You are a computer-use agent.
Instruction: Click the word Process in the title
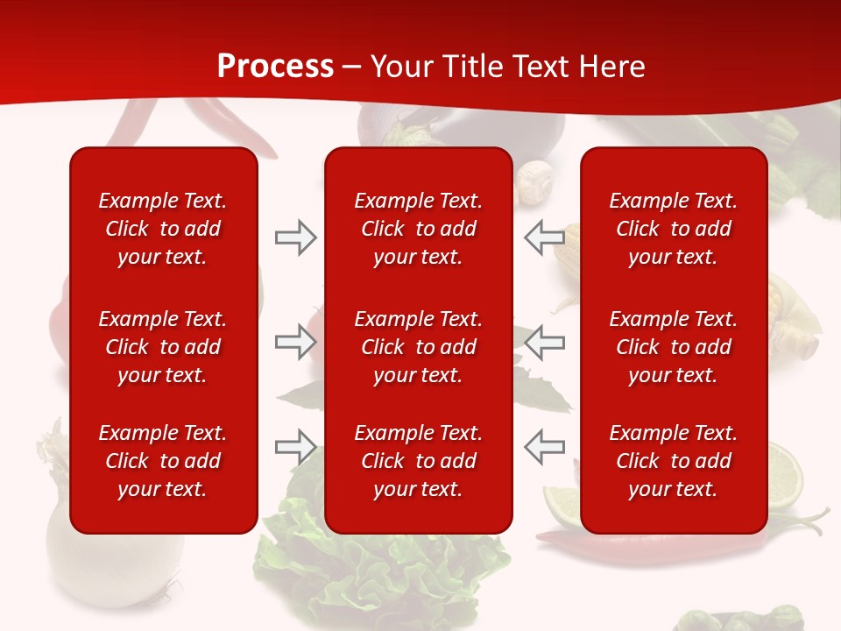(x=275, y=67)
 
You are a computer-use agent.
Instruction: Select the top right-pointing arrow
(x=295, y=238)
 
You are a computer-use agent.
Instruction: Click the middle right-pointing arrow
(x=295, y=343)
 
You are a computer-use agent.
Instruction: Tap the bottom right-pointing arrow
(x=295, y=447)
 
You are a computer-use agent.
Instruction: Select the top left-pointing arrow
(x=545, y=238)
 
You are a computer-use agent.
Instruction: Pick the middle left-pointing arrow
(x=545, y=343)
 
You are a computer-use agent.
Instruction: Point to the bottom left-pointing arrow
(x=545, y=447)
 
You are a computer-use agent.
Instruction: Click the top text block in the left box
(x=163, y=229)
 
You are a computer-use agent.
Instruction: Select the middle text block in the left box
(x=163, y=347)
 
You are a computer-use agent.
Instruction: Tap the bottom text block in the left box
(x=163, y=461)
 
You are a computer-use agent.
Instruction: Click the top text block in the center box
(x=418, y=229)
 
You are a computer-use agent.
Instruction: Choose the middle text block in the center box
(x=418, y=347)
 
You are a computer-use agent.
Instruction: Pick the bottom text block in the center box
(x=418, y=461)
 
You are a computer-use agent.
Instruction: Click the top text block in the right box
(x=673, y=229)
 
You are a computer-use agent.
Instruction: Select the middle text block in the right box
(x=673, y=347)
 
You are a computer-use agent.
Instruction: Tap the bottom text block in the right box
(x=673, y=461)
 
